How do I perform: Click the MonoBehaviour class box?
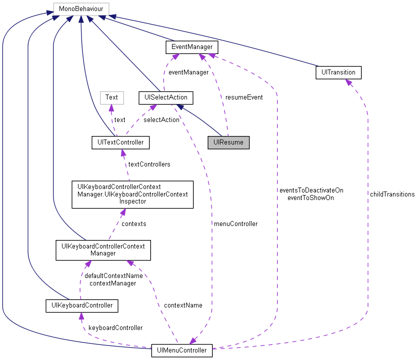81,8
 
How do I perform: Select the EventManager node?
192,47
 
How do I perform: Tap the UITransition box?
338,72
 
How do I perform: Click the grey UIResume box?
228,142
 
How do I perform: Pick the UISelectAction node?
165,97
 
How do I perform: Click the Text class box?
111,97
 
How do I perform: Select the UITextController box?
120,142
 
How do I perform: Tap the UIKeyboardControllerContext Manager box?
102,249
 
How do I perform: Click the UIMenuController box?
182,350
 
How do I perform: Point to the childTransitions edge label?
392,194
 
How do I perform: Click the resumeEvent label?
243,97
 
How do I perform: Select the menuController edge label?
235,223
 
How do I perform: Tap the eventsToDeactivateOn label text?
311,190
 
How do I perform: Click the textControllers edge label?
149,164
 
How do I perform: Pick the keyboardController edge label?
115,327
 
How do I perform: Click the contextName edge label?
183,305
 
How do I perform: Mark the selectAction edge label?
161,119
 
